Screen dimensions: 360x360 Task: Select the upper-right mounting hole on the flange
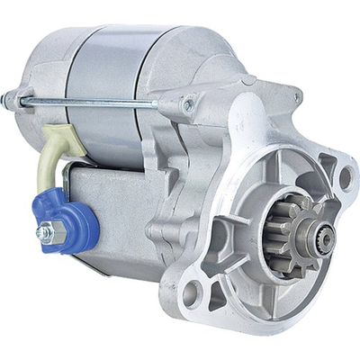click(x=344, y=176)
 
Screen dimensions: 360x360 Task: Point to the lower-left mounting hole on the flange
click(x=191, y=291)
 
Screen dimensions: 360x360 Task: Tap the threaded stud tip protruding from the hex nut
click(x=40, y=233)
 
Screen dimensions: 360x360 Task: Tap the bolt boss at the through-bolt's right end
click(x=188, y=105)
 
